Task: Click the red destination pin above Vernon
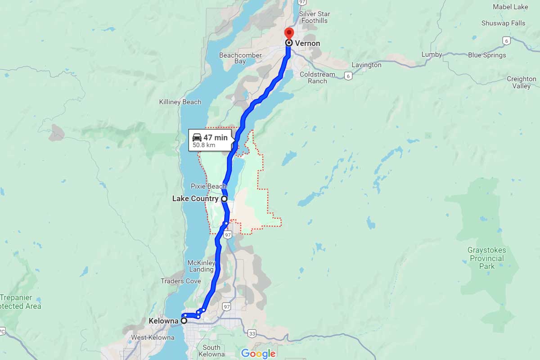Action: tap(288, 33)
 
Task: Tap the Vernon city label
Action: tap(307, 44)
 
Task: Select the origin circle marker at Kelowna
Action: tap(184, 321)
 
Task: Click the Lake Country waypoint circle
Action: tap(224, 198)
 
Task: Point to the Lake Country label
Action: tap(195, 198)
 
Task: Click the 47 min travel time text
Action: tap(215, 138)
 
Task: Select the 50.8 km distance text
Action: tap(204, 145)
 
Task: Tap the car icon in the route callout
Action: tap(197, 137)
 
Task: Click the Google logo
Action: tap(258, 353)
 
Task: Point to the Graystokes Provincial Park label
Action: tap(486, 258)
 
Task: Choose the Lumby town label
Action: tap(432, 54)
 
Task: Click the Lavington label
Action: tap(366, 65)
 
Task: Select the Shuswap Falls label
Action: tap(503, 23)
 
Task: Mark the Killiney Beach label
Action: tap(180, 102)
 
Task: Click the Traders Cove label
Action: tap(181, 281)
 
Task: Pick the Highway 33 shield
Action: tap(252, 333)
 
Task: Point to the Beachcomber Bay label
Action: tap(240, 58)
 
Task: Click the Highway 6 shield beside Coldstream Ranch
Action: tap(348, 76)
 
